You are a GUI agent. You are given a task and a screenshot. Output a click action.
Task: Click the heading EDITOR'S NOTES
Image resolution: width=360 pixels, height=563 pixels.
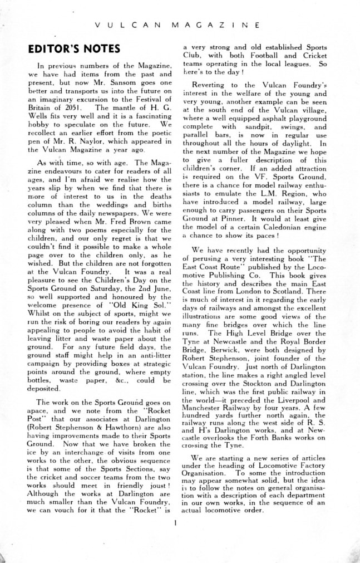(x=74, y=50)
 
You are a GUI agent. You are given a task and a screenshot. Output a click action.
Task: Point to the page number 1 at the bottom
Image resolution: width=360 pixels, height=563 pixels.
(x=175, y=523)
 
